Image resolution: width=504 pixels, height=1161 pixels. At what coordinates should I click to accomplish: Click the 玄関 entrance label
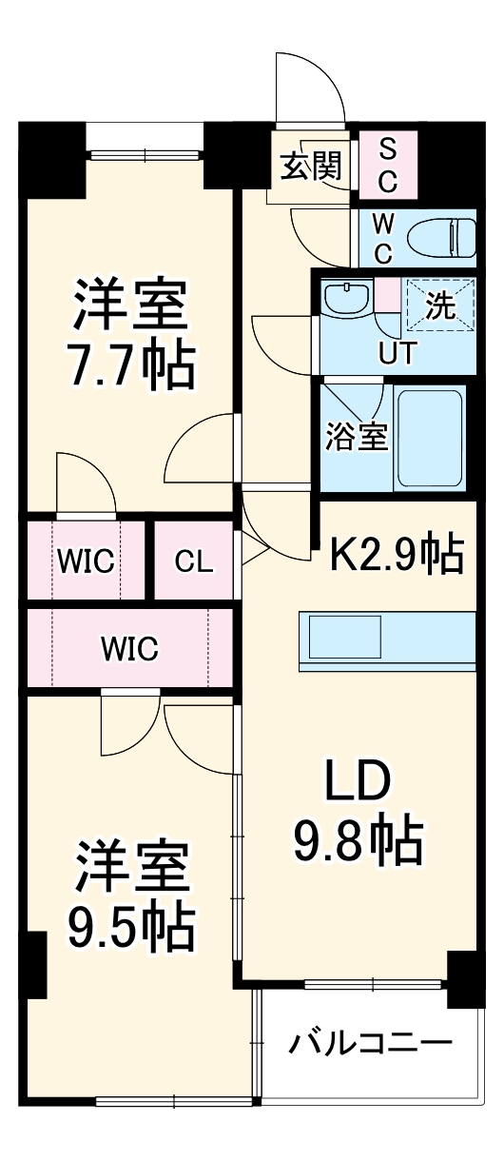pyautogui.click(x=310, y=167)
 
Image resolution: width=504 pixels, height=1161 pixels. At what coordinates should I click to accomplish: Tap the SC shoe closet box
pyautogui.click(x=388, y=163)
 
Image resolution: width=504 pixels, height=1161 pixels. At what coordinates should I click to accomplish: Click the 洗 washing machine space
pyautogui.click(x=439, y=305)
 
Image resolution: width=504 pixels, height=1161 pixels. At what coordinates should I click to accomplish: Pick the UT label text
pyautogui.click(x=397, y=353)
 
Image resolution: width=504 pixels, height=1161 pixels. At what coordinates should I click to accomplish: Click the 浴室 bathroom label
pyautogui.click(x=356, y=438)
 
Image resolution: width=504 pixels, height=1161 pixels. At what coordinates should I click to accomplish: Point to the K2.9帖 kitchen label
pyautogui.click(x=397, y=553)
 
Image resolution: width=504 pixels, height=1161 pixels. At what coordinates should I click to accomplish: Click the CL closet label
pyautogui.click(x=194, y=561)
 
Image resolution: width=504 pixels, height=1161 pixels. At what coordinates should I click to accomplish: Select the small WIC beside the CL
pyautogui.click(x=86, y=561)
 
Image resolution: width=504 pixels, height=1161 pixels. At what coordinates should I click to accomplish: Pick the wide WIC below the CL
pyautogui.click(x=130, y=649)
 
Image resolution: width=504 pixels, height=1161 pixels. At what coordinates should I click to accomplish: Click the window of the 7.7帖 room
pyautogui.click(x=145, y=151)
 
